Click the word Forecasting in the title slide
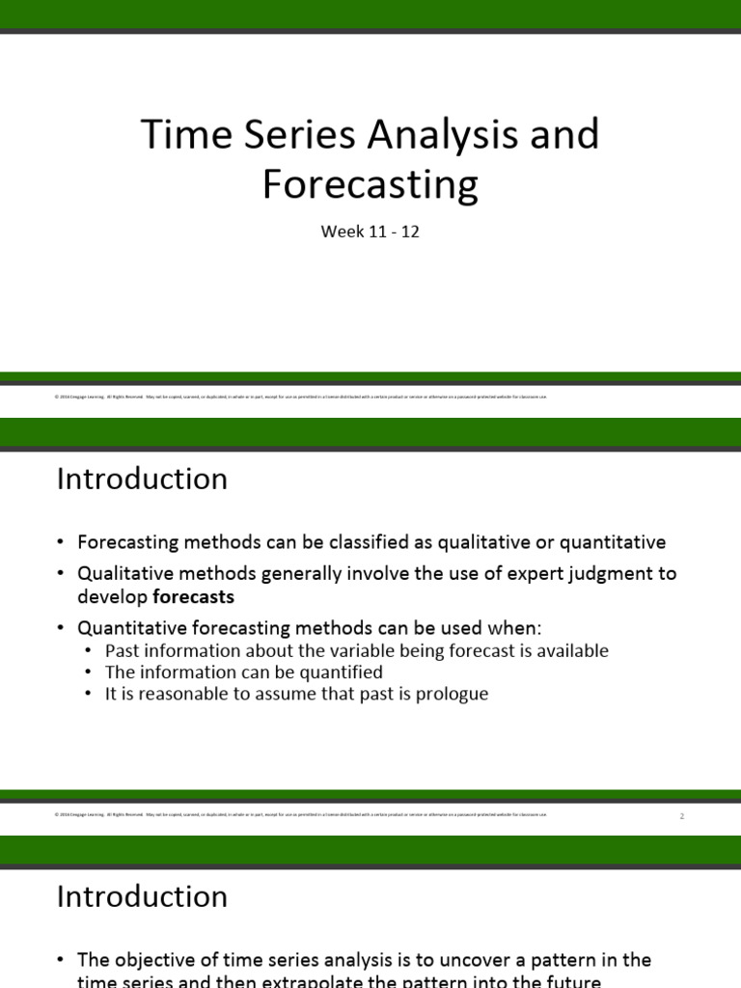[x=370, y=184]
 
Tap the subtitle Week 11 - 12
[x=370, y=233]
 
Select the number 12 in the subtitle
[x=410, y=233]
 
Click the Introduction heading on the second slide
[x=142, y=480]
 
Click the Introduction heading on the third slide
[x=142, y=896]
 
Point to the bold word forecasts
[x=193, y=596]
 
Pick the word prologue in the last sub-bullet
[x=450, y=694]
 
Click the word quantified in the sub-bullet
[x=334, y=672]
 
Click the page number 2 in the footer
[x=681, y=816]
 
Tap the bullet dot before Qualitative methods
[x=62, y=574]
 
